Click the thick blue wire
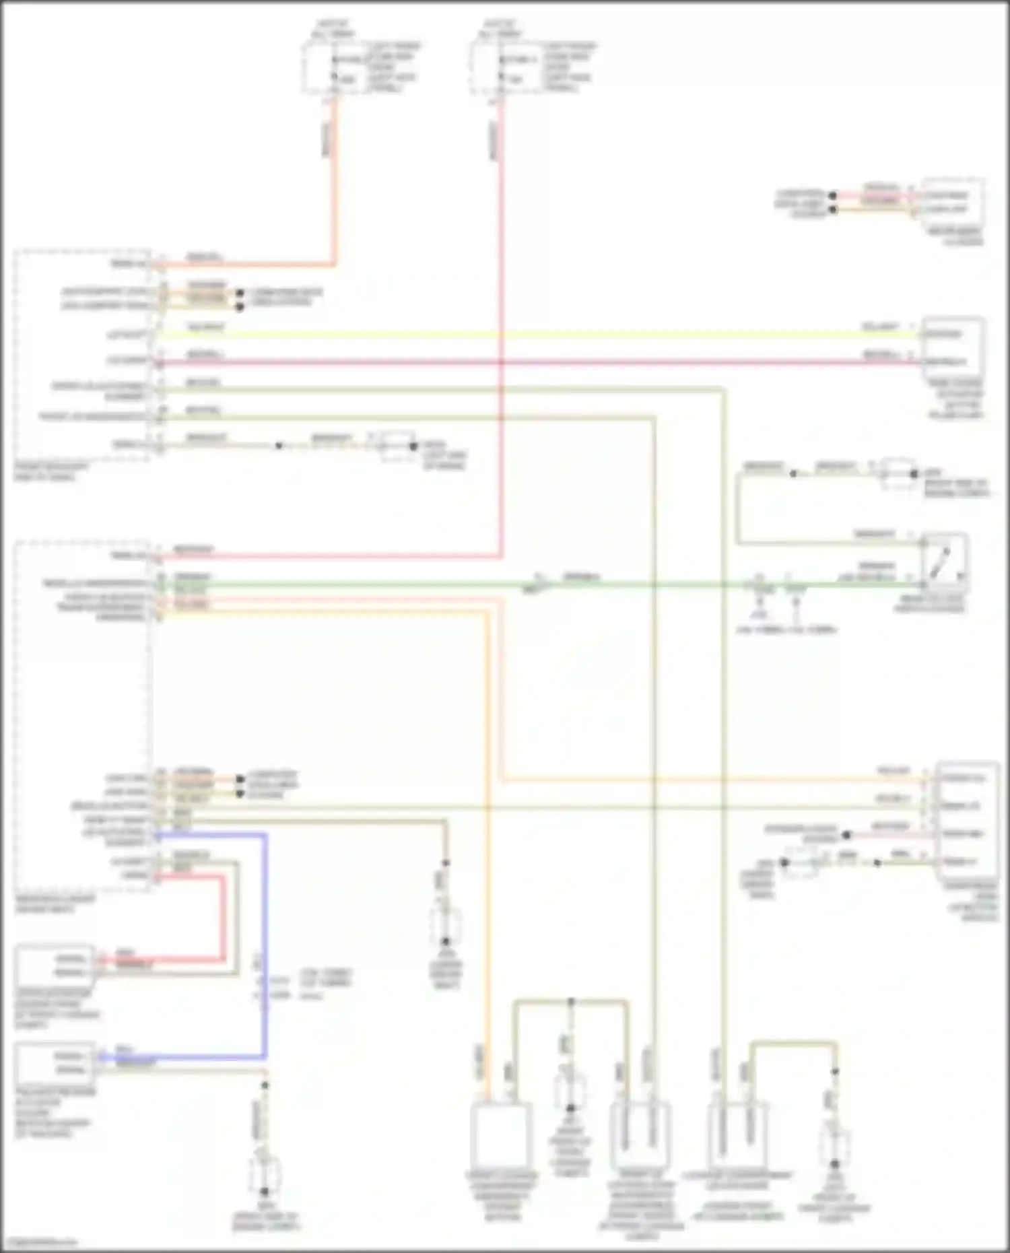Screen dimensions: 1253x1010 (x=265, y=943)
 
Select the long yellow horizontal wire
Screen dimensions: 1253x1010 (x=539, y=335)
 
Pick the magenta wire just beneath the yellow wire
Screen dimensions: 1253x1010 (x=539, y=362)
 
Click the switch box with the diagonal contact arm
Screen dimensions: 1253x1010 (x=944, y=563)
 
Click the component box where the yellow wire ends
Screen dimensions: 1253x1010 (x=952, y=348)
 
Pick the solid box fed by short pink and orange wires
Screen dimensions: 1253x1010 (x=952, y=203)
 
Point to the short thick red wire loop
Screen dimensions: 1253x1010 (x=223, y=916)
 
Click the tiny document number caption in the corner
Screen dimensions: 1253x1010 (x=39, y=1242)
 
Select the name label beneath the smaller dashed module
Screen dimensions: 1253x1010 (x=50, y=471)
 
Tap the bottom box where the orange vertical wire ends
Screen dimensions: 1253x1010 (x=501, y=1135)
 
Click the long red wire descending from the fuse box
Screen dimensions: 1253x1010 (x=501, y=337)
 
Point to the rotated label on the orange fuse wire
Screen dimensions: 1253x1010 (x=326, y=139)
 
